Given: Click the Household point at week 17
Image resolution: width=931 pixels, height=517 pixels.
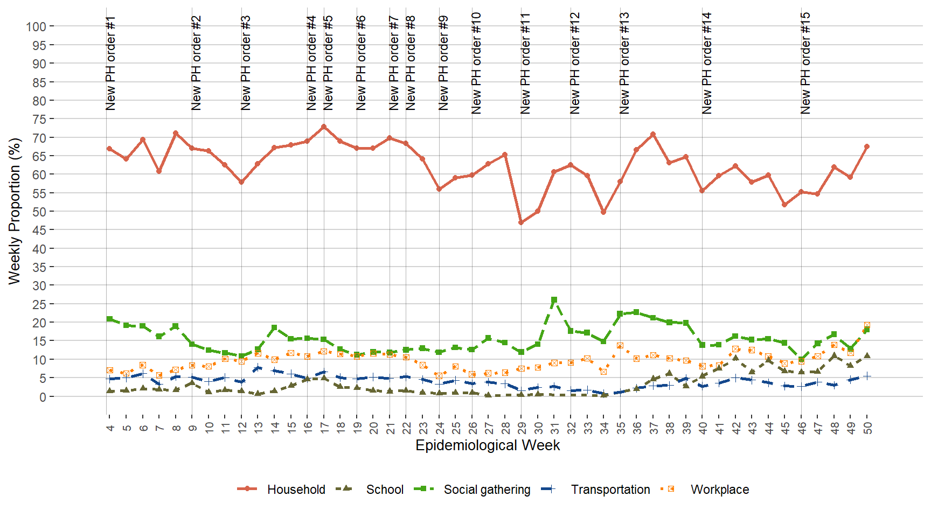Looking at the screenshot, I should pos(324,127).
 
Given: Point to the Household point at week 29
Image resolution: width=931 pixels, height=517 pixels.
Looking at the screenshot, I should pos(522,222).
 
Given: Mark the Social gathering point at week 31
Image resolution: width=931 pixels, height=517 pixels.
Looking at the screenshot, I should pos(554,300).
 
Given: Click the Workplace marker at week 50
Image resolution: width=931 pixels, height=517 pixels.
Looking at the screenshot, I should pos(867,325).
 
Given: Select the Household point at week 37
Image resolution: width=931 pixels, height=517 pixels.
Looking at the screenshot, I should pos(653,134).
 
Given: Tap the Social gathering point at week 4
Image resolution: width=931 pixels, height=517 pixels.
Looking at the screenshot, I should pos(110,319).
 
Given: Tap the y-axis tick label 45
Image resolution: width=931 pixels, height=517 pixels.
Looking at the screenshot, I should pos(39,230).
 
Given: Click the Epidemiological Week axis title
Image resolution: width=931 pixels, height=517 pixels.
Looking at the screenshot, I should pos(488,445).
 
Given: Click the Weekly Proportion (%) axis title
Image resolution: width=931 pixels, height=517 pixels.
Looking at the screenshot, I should pos(15,211).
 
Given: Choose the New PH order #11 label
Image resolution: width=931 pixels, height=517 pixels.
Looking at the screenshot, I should pos(525,64).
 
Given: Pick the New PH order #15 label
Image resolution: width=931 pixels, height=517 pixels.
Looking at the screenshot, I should pos(805,64).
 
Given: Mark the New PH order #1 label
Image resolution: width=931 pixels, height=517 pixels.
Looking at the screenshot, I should pos(110,64).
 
